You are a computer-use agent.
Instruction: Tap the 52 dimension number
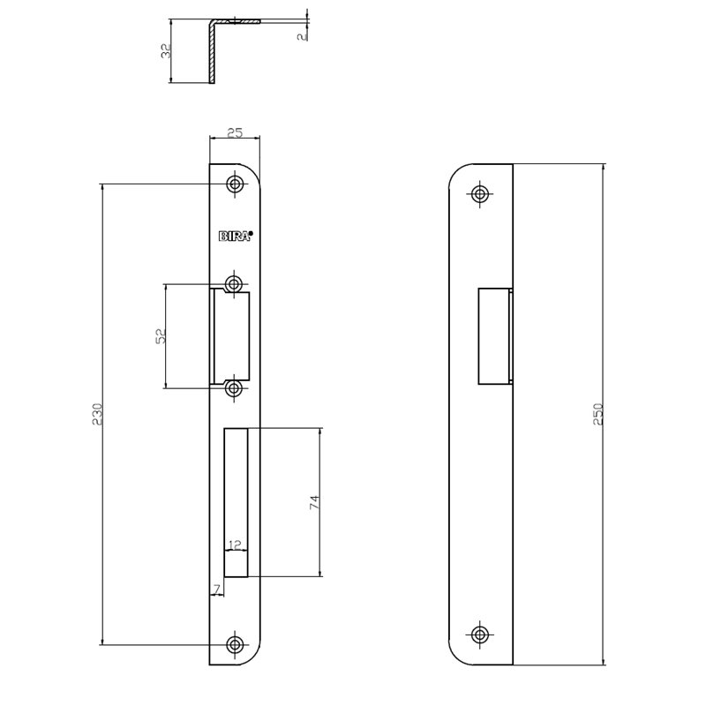point(160,336)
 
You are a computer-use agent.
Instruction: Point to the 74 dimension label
point(313,502)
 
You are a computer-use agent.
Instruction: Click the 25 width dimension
point(235,133)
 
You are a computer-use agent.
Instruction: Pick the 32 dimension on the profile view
point(165,51)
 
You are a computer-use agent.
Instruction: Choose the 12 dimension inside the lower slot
point(235,544)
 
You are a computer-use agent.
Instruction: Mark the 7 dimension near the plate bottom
point(214,589)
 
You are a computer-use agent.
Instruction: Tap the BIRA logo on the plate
point(235,236)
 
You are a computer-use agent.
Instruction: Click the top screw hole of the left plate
point(235,184)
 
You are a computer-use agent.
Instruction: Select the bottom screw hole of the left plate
point(235,643)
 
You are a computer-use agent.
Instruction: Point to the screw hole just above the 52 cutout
point(235,284)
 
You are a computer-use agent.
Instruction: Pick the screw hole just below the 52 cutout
point(235,388)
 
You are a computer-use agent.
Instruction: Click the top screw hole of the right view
point(479,194)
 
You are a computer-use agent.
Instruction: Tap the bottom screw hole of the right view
point(479,634)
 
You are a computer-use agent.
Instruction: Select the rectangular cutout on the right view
point(493,336)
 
